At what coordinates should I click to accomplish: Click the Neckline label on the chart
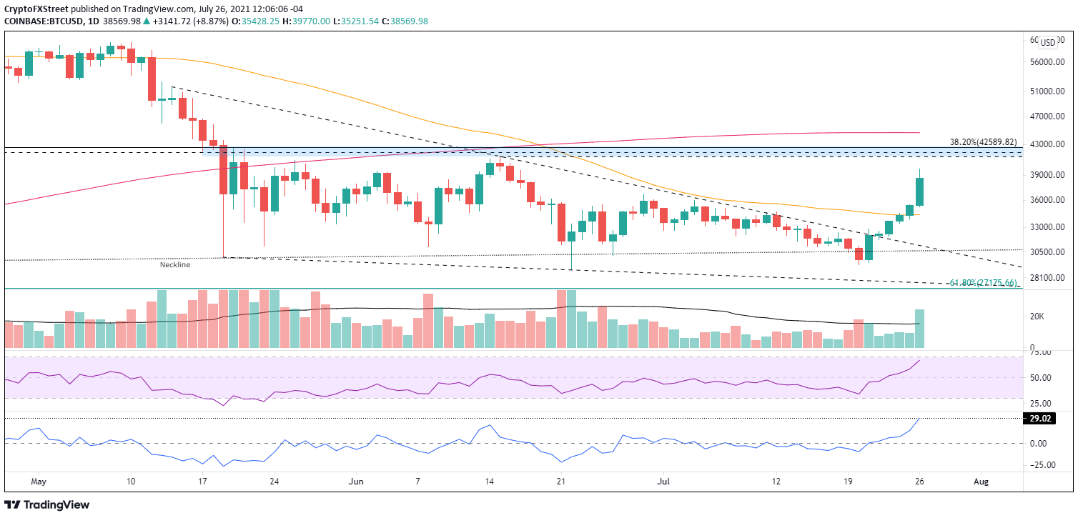pos(174,264)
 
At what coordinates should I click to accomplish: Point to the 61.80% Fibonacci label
pos(983,283)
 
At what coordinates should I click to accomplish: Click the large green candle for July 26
pos(919,191)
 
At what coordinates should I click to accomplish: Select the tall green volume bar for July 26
pos(919,329)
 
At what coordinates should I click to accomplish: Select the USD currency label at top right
pos(1048,43)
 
